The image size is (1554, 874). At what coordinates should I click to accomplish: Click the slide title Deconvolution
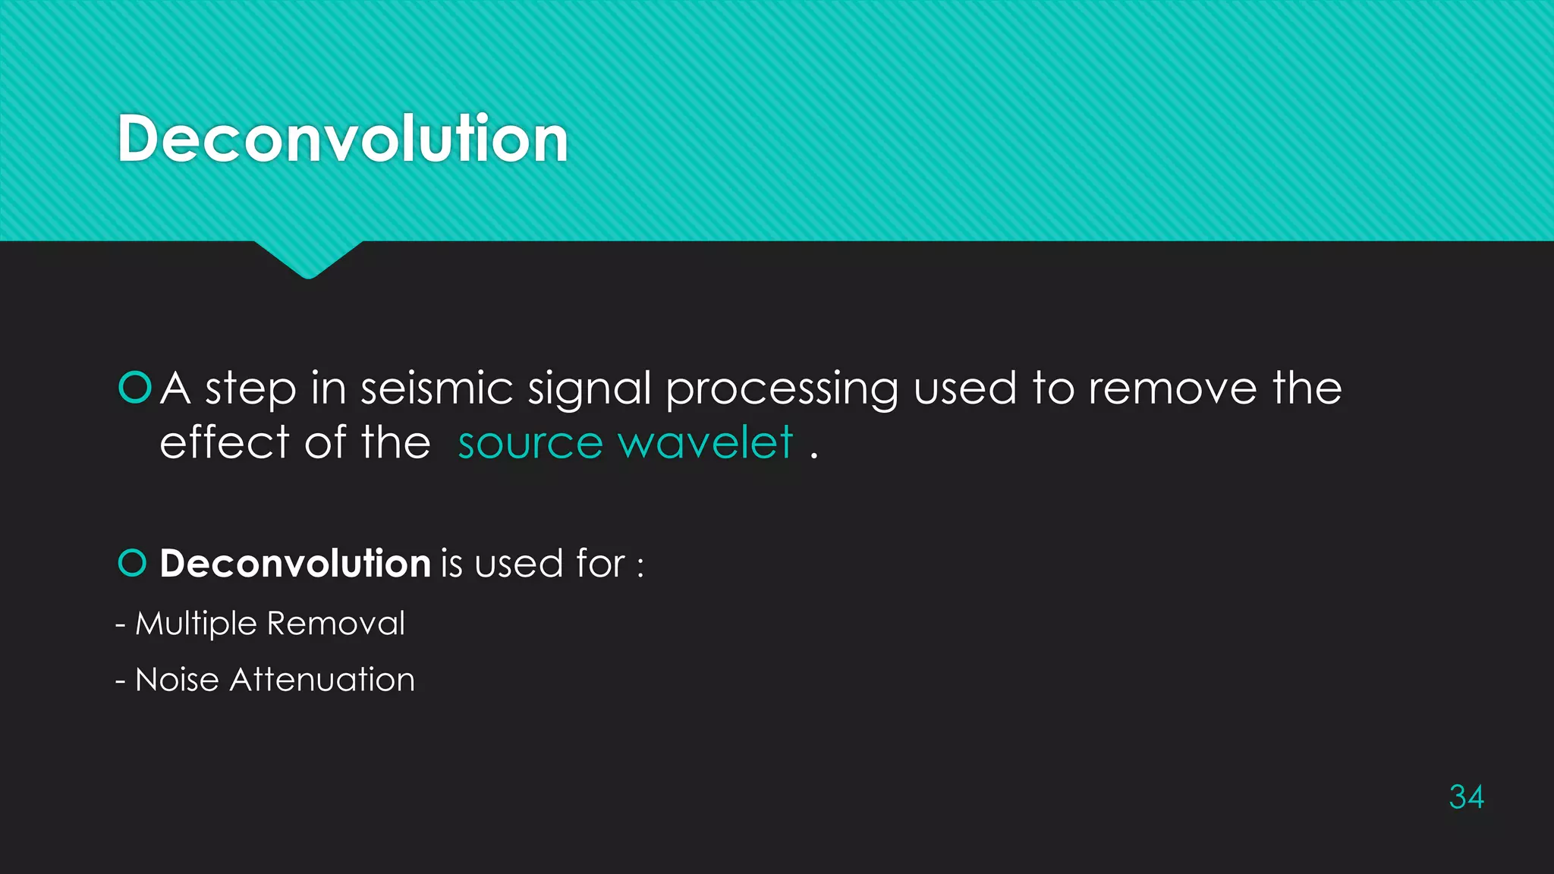343,138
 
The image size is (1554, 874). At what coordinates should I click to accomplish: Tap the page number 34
1466,797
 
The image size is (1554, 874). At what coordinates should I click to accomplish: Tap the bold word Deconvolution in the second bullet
295,564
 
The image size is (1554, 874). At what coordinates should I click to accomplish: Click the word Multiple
196,624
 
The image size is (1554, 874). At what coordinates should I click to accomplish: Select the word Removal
336,624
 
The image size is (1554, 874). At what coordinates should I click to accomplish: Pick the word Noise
177,680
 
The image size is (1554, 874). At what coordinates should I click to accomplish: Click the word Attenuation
322,680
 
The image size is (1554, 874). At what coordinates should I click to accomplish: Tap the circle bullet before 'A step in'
135,387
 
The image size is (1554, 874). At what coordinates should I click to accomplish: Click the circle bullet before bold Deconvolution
133,563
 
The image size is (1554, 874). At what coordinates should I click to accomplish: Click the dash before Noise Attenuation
121,681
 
